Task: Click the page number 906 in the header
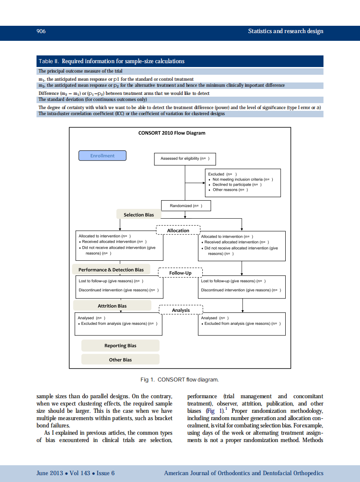tap(41, 31)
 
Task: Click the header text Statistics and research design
tap(285, 31)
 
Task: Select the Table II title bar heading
tap(111, 61)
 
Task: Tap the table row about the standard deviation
tap(92, 99)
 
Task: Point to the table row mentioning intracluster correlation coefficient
tap(131, 114)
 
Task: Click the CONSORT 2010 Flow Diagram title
tap(172, 133)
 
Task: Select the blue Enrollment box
tap(102, 156)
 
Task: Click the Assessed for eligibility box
tap(185, 159)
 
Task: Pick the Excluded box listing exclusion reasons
tap(243, 182)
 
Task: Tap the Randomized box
tap(186, 206)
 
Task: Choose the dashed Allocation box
tap(178, 231)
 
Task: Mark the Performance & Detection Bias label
tap(111, 270)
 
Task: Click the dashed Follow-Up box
tap(180, 273)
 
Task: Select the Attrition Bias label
tap(112, 306)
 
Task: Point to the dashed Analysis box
tap(180, 310)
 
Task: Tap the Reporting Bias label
tap(120, 346)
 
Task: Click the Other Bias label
tap(120, 360)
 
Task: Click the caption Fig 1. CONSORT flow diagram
tap(180, 380)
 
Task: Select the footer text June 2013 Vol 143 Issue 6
tap(76, 473)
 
